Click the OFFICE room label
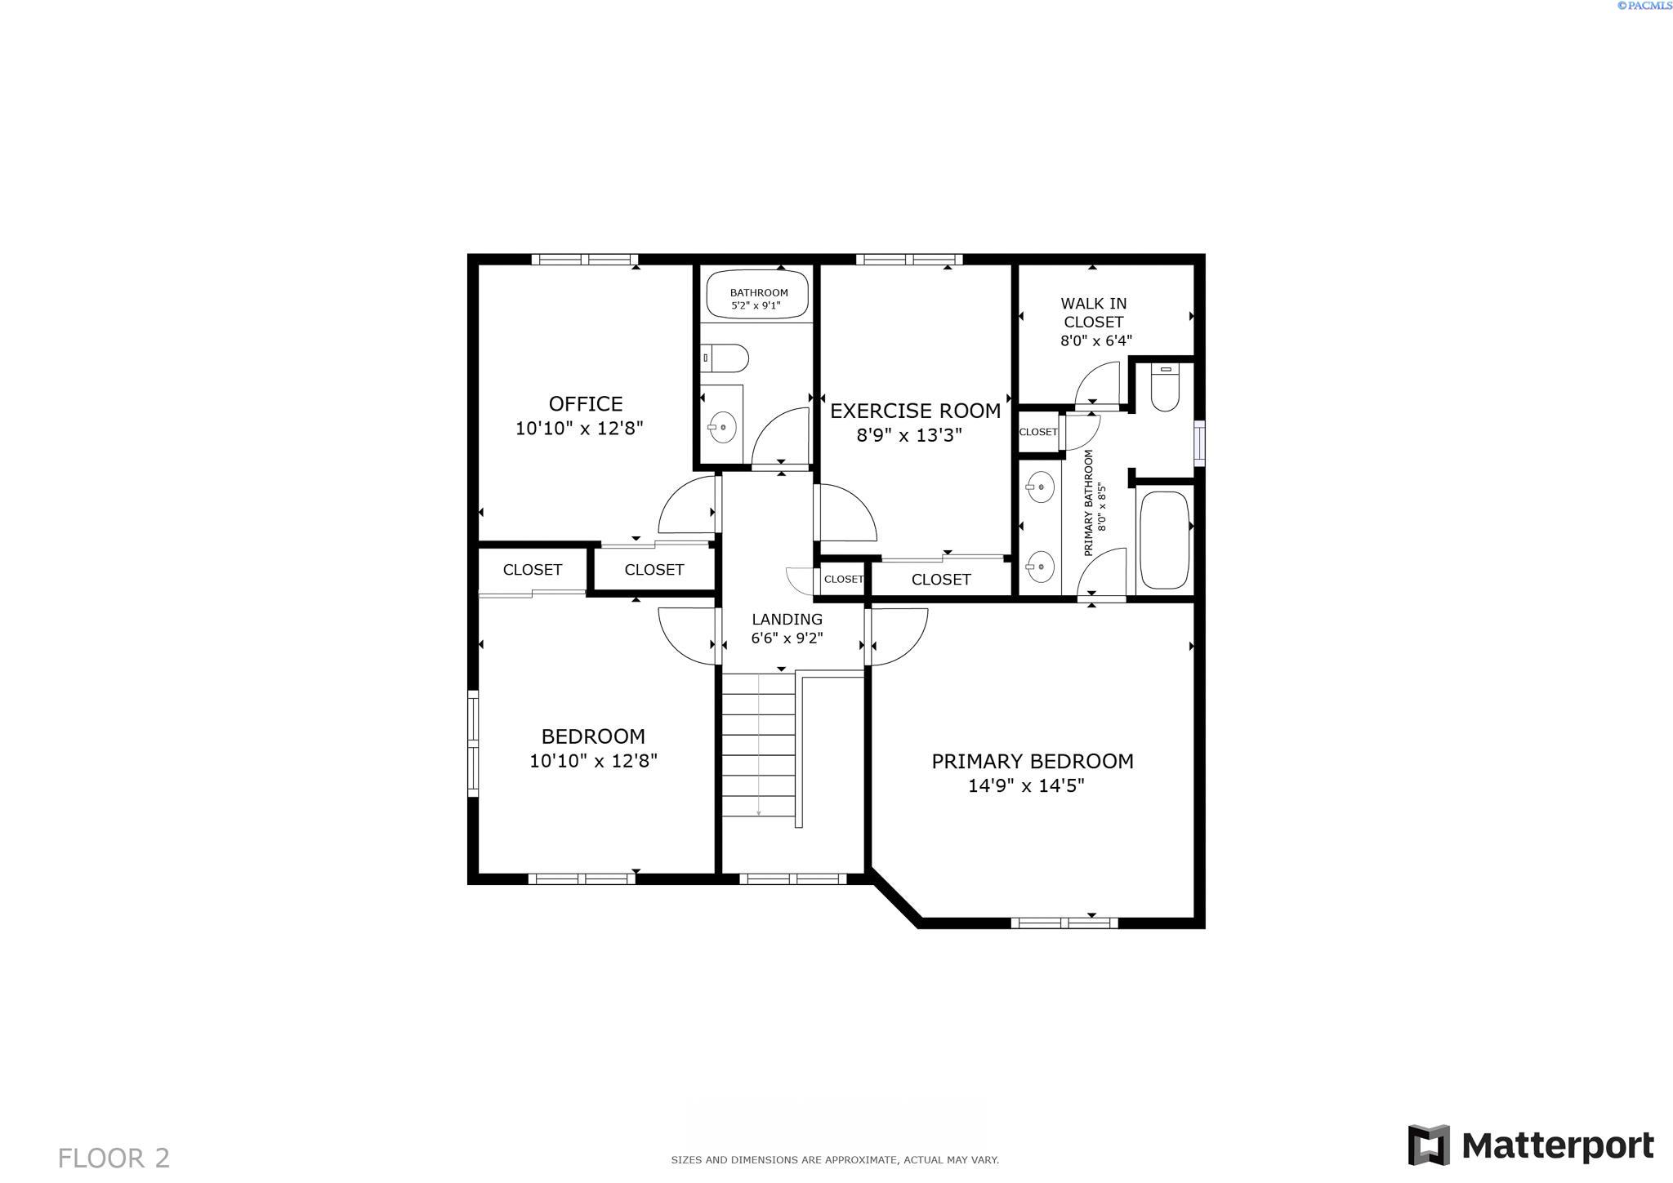tap(586, 403)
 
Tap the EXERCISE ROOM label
tap(915, 411)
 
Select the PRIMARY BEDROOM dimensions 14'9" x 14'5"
tap(1026, 785)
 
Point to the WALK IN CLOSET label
tap(1093, 313)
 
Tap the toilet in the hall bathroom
tap(728, 358)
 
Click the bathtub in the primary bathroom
tap(1164, 539)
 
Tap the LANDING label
tap(787, 619)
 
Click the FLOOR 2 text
tap(114, 1158)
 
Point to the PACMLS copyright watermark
tap(1644, 6)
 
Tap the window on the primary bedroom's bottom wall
tap(1064, 923)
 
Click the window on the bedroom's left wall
tap(473, 743)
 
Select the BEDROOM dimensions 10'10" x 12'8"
tap(593, 761)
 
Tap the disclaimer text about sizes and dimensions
tap(835, 1159)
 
